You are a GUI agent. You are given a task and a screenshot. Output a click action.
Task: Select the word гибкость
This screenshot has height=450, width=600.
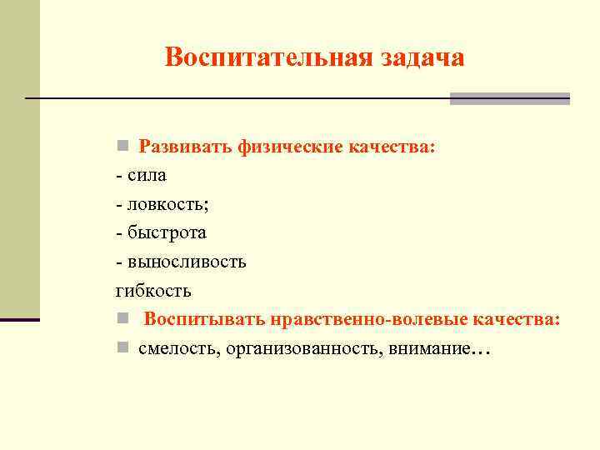(x=153, y=291)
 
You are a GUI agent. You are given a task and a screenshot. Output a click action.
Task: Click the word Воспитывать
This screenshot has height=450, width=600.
(x=205, y=320)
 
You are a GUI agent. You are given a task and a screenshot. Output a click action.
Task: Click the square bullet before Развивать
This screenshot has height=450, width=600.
(x=122, y=147)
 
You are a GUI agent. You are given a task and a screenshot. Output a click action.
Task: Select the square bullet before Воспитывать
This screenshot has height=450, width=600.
(x=122, y=320)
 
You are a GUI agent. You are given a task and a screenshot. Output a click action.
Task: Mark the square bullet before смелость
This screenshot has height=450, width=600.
(x=122, y=349)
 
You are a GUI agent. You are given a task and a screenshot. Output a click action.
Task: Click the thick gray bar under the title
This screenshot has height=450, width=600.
(x=509, y=98)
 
